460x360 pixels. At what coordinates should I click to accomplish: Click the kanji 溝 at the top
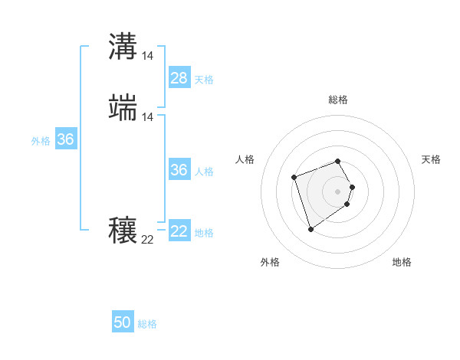(123, 47)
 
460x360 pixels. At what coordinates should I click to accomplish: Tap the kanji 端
(123, 108)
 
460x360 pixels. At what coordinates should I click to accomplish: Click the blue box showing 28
(179, 77)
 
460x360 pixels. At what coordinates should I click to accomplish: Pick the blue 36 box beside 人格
(179, 170)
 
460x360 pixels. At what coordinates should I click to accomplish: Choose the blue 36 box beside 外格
(65, 139)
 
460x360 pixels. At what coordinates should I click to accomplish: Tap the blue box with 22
(179, 231)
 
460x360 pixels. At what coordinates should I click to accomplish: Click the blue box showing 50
(123, 322)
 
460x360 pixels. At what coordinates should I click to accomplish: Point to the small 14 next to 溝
(148, 56)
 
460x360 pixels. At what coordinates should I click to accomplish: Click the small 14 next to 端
(148, 117)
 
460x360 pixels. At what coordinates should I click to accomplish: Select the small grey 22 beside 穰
(148, 240)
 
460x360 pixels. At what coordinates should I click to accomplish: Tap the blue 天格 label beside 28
(204, 79)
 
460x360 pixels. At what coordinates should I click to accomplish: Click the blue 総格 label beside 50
(147, 324)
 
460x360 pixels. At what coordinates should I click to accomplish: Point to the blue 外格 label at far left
(41, 141)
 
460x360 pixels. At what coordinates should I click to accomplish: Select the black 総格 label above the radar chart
(338, 100)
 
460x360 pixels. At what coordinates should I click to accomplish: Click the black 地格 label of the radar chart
(402, 263)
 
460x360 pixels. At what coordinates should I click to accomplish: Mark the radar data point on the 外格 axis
(310, 229)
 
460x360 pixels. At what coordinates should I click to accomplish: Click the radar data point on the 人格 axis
(294, 178)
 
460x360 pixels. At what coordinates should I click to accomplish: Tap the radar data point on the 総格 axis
(338, 161)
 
